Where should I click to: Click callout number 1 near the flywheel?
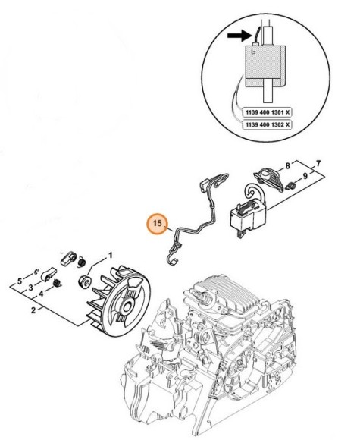coord(111,257)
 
